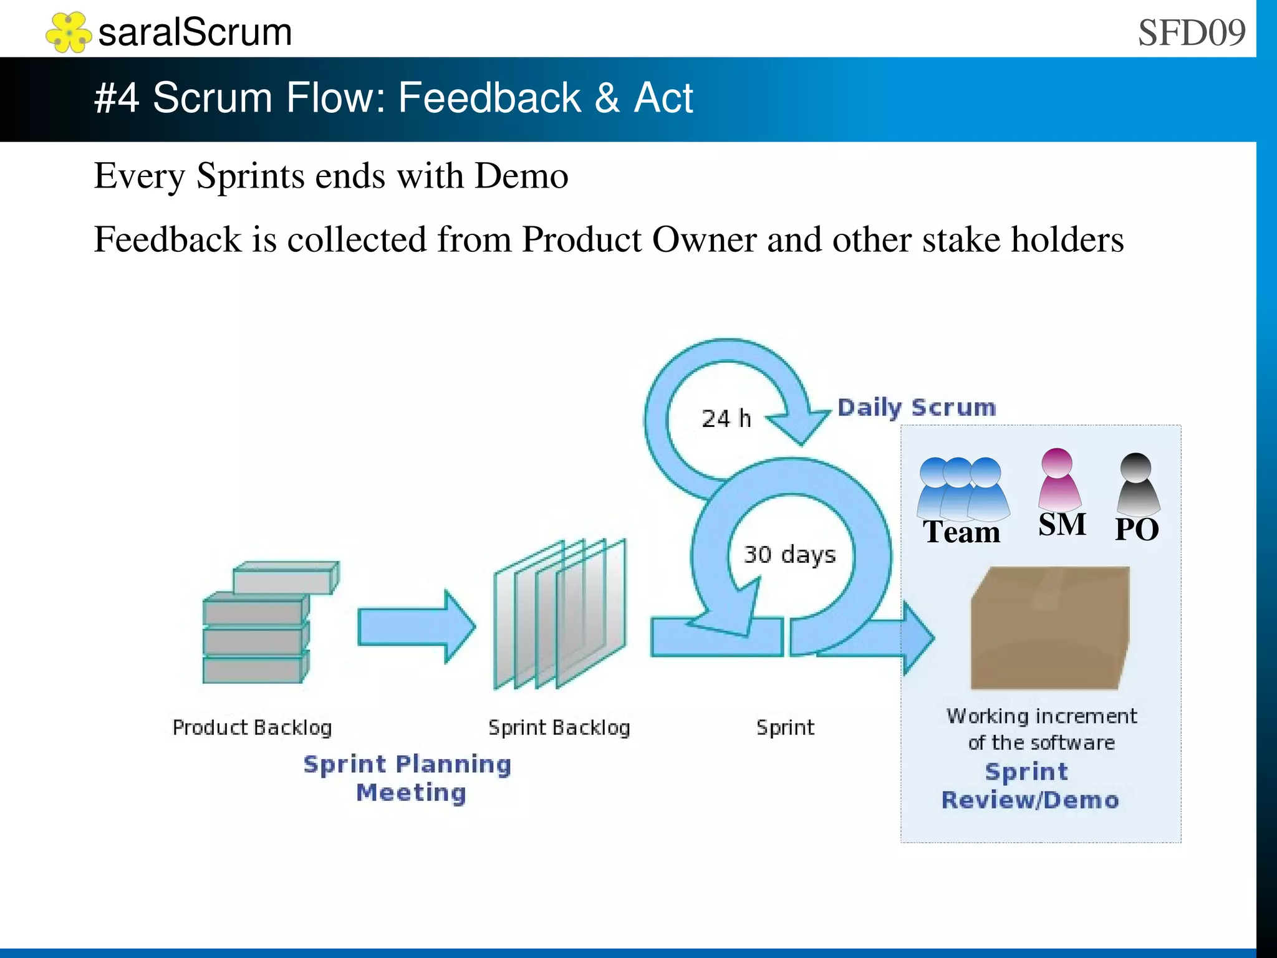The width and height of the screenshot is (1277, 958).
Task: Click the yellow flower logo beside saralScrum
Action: [68, 32]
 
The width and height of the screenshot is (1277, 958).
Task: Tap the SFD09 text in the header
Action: [1191, 32]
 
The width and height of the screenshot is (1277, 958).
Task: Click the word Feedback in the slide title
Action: [489, 98]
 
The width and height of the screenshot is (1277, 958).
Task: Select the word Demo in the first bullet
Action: [521, 176]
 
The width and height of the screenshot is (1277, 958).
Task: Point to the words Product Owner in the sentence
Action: [639, 239]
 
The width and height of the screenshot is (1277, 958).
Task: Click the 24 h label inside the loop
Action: [726, 418]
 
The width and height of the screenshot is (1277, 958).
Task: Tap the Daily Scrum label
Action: [916, 408]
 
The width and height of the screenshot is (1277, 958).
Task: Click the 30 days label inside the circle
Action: [789, 554]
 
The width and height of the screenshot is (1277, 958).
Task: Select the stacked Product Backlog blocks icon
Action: [267, 623]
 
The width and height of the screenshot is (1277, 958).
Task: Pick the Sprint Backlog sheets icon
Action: [559, 614]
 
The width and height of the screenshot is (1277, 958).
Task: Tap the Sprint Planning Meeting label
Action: [408, 778]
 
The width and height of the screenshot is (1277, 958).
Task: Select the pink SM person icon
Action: [1058, 479]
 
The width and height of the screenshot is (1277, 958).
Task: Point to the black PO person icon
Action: [1137, 484]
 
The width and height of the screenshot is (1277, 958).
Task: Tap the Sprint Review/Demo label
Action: [1029, 785]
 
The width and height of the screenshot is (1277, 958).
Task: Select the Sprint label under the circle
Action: [785, 727]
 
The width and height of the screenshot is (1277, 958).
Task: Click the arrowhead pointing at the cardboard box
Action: [918, 638]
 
